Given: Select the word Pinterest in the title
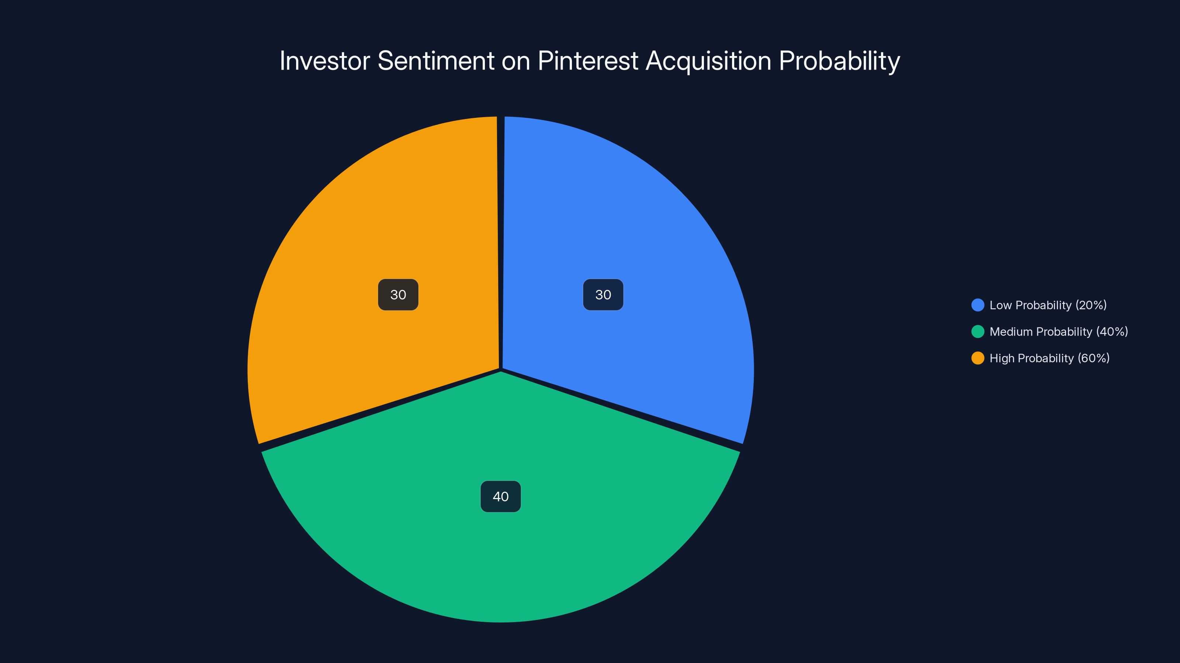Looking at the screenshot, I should pos(588,61).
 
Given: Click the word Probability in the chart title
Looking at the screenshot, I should pos(839,61).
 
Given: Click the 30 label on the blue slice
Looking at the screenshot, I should pos(603,295).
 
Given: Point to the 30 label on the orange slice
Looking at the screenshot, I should pos(398,295).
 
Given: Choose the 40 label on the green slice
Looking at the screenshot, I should pos(501,497).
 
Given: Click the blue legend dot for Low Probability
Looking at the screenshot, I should pos(978,305).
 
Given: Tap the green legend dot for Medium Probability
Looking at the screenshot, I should pos(978,332).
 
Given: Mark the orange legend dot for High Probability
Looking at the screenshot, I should pos(978,358).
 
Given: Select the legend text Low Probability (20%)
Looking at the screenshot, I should pos(1048,305).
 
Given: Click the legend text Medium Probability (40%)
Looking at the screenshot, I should pos(1059,332).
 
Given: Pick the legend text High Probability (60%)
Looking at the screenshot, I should pos(1049,358).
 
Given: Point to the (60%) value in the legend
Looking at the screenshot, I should pos(1093,358).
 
